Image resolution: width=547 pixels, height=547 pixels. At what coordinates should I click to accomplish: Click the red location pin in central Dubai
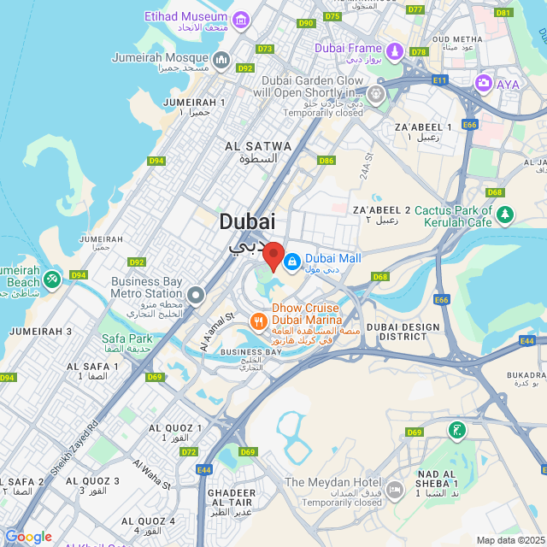273,256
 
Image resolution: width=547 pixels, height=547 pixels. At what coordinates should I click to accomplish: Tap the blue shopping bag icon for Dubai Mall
291,260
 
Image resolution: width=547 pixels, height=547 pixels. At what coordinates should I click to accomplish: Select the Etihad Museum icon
241,20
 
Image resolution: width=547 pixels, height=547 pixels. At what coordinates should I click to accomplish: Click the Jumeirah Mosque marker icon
221,59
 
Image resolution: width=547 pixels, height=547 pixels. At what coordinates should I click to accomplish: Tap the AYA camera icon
484,83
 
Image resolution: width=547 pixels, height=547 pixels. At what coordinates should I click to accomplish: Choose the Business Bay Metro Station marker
196,296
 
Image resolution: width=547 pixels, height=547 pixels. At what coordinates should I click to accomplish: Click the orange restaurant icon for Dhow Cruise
257,321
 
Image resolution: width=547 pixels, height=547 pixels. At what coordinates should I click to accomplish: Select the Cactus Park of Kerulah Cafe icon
506,213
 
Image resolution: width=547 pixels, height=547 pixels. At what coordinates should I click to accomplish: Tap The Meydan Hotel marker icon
394,490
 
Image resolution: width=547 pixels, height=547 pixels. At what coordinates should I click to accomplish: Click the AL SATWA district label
257,151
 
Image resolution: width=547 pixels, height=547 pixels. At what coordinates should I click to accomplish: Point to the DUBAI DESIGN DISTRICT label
403,332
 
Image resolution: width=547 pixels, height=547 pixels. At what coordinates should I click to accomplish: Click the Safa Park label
126,338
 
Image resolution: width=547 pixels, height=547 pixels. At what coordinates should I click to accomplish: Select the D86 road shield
326,161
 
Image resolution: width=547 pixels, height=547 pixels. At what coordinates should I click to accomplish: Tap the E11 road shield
440,79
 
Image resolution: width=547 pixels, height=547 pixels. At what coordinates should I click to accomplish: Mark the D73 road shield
265,49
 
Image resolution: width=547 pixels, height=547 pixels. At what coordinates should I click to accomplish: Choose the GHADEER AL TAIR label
231,498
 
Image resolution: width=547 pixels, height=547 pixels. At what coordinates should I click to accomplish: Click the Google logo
28,537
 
